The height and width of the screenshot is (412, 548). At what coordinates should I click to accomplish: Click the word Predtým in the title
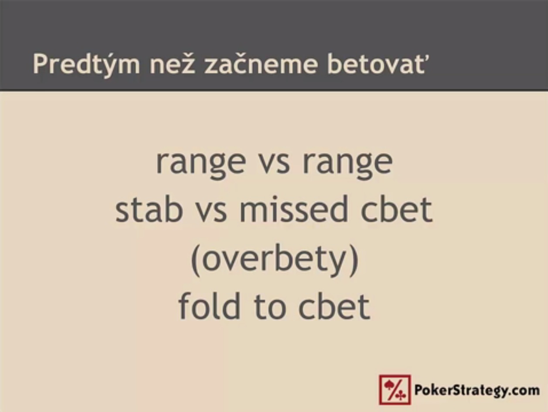pos(86,64)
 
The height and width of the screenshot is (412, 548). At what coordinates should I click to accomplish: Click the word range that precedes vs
pos(201,164)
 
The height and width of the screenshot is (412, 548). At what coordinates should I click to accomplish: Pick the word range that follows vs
pos(347,164)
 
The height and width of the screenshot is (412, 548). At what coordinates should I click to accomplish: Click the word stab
pos(149,208)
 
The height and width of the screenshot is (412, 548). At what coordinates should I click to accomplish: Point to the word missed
pos(293,208)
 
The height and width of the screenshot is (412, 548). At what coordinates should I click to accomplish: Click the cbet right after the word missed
pos(397,208)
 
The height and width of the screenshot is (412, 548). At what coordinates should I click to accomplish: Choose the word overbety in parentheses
pos(275,260)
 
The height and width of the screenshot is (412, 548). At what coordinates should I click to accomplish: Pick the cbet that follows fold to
pos(334,306)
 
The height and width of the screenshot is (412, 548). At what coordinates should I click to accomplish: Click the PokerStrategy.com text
pos(477,390)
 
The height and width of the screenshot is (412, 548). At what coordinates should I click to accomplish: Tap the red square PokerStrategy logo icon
pos(395,390)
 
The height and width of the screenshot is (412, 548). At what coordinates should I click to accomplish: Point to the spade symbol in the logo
pos(389,385)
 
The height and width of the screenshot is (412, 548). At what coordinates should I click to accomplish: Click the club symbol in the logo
pos(401,395)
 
